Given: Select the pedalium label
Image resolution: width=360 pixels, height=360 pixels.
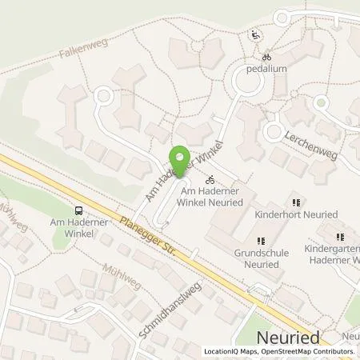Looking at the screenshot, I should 267,70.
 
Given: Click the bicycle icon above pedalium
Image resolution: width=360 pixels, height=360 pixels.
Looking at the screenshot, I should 267,57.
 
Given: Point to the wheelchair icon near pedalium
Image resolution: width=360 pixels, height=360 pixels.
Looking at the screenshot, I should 255,34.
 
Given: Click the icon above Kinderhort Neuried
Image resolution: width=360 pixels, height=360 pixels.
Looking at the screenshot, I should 295,202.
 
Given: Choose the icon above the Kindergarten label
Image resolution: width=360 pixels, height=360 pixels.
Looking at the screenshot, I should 341,236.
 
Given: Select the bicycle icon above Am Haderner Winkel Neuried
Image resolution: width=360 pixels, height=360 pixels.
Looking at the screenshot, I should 210,180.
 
